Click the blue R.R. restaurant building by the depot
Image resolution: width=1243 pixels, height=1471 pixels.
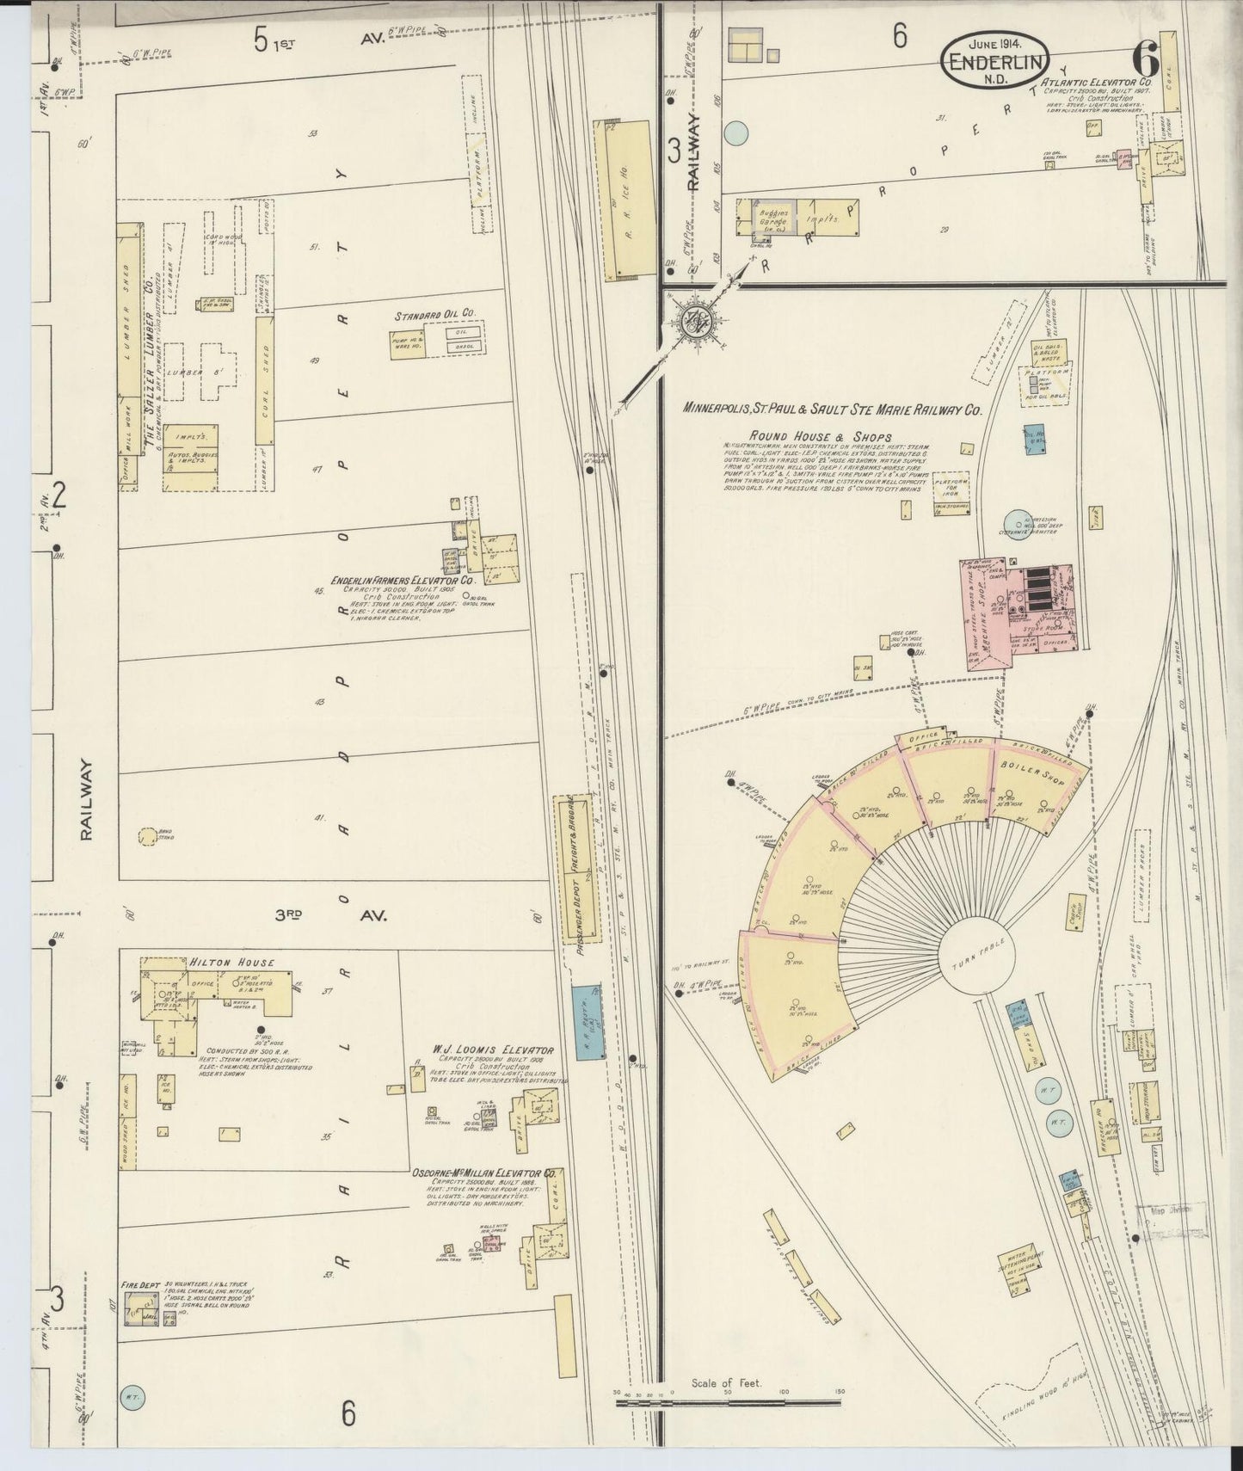pyautogui.click(x=589, y=1022)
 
